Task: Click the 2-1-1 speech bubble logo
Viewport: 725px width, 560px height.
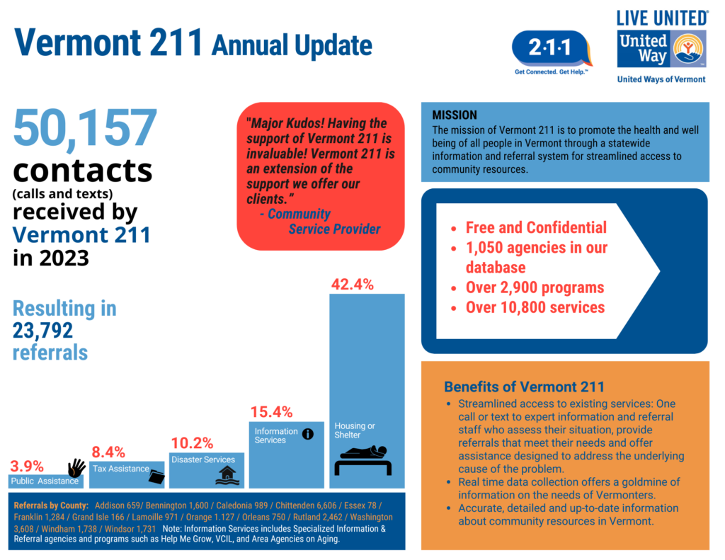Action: click(552, 49)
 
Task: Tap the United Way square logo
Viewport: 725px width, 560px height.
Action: click(662, 49)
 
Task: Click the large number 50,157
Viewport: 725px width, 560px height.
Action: click(85, 128)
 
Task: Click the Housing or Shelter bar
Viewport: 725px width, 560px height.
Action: click(367, 389)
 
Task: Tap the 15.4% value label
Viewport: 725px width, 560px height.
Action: click(272, 412)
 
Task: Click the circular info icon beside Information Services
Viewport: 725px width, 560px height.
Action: click(308, 434)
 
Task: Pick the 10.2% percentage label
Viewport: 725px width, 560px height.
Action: click(192, 443)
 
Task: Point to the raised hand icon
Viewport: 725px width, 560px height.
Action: click(76, 467)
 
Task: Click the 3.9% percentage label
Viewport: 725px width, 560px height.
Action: click(27, 466)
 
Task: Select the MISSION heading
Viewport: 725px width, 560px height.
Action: click(455, 115)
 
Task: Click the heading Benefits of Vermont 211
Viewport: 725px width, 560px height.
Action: click(524, 387)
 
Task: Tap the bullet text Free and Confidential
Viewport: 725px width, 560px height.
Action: click(536, 228)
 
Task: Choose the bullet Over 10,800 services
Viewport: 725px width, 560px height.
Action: click(535, 307)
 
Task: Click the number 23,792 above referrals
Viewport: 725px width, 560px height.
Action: click(42, 331)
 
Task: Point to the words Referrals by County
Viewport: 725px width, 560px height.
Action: click(51, 505)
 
